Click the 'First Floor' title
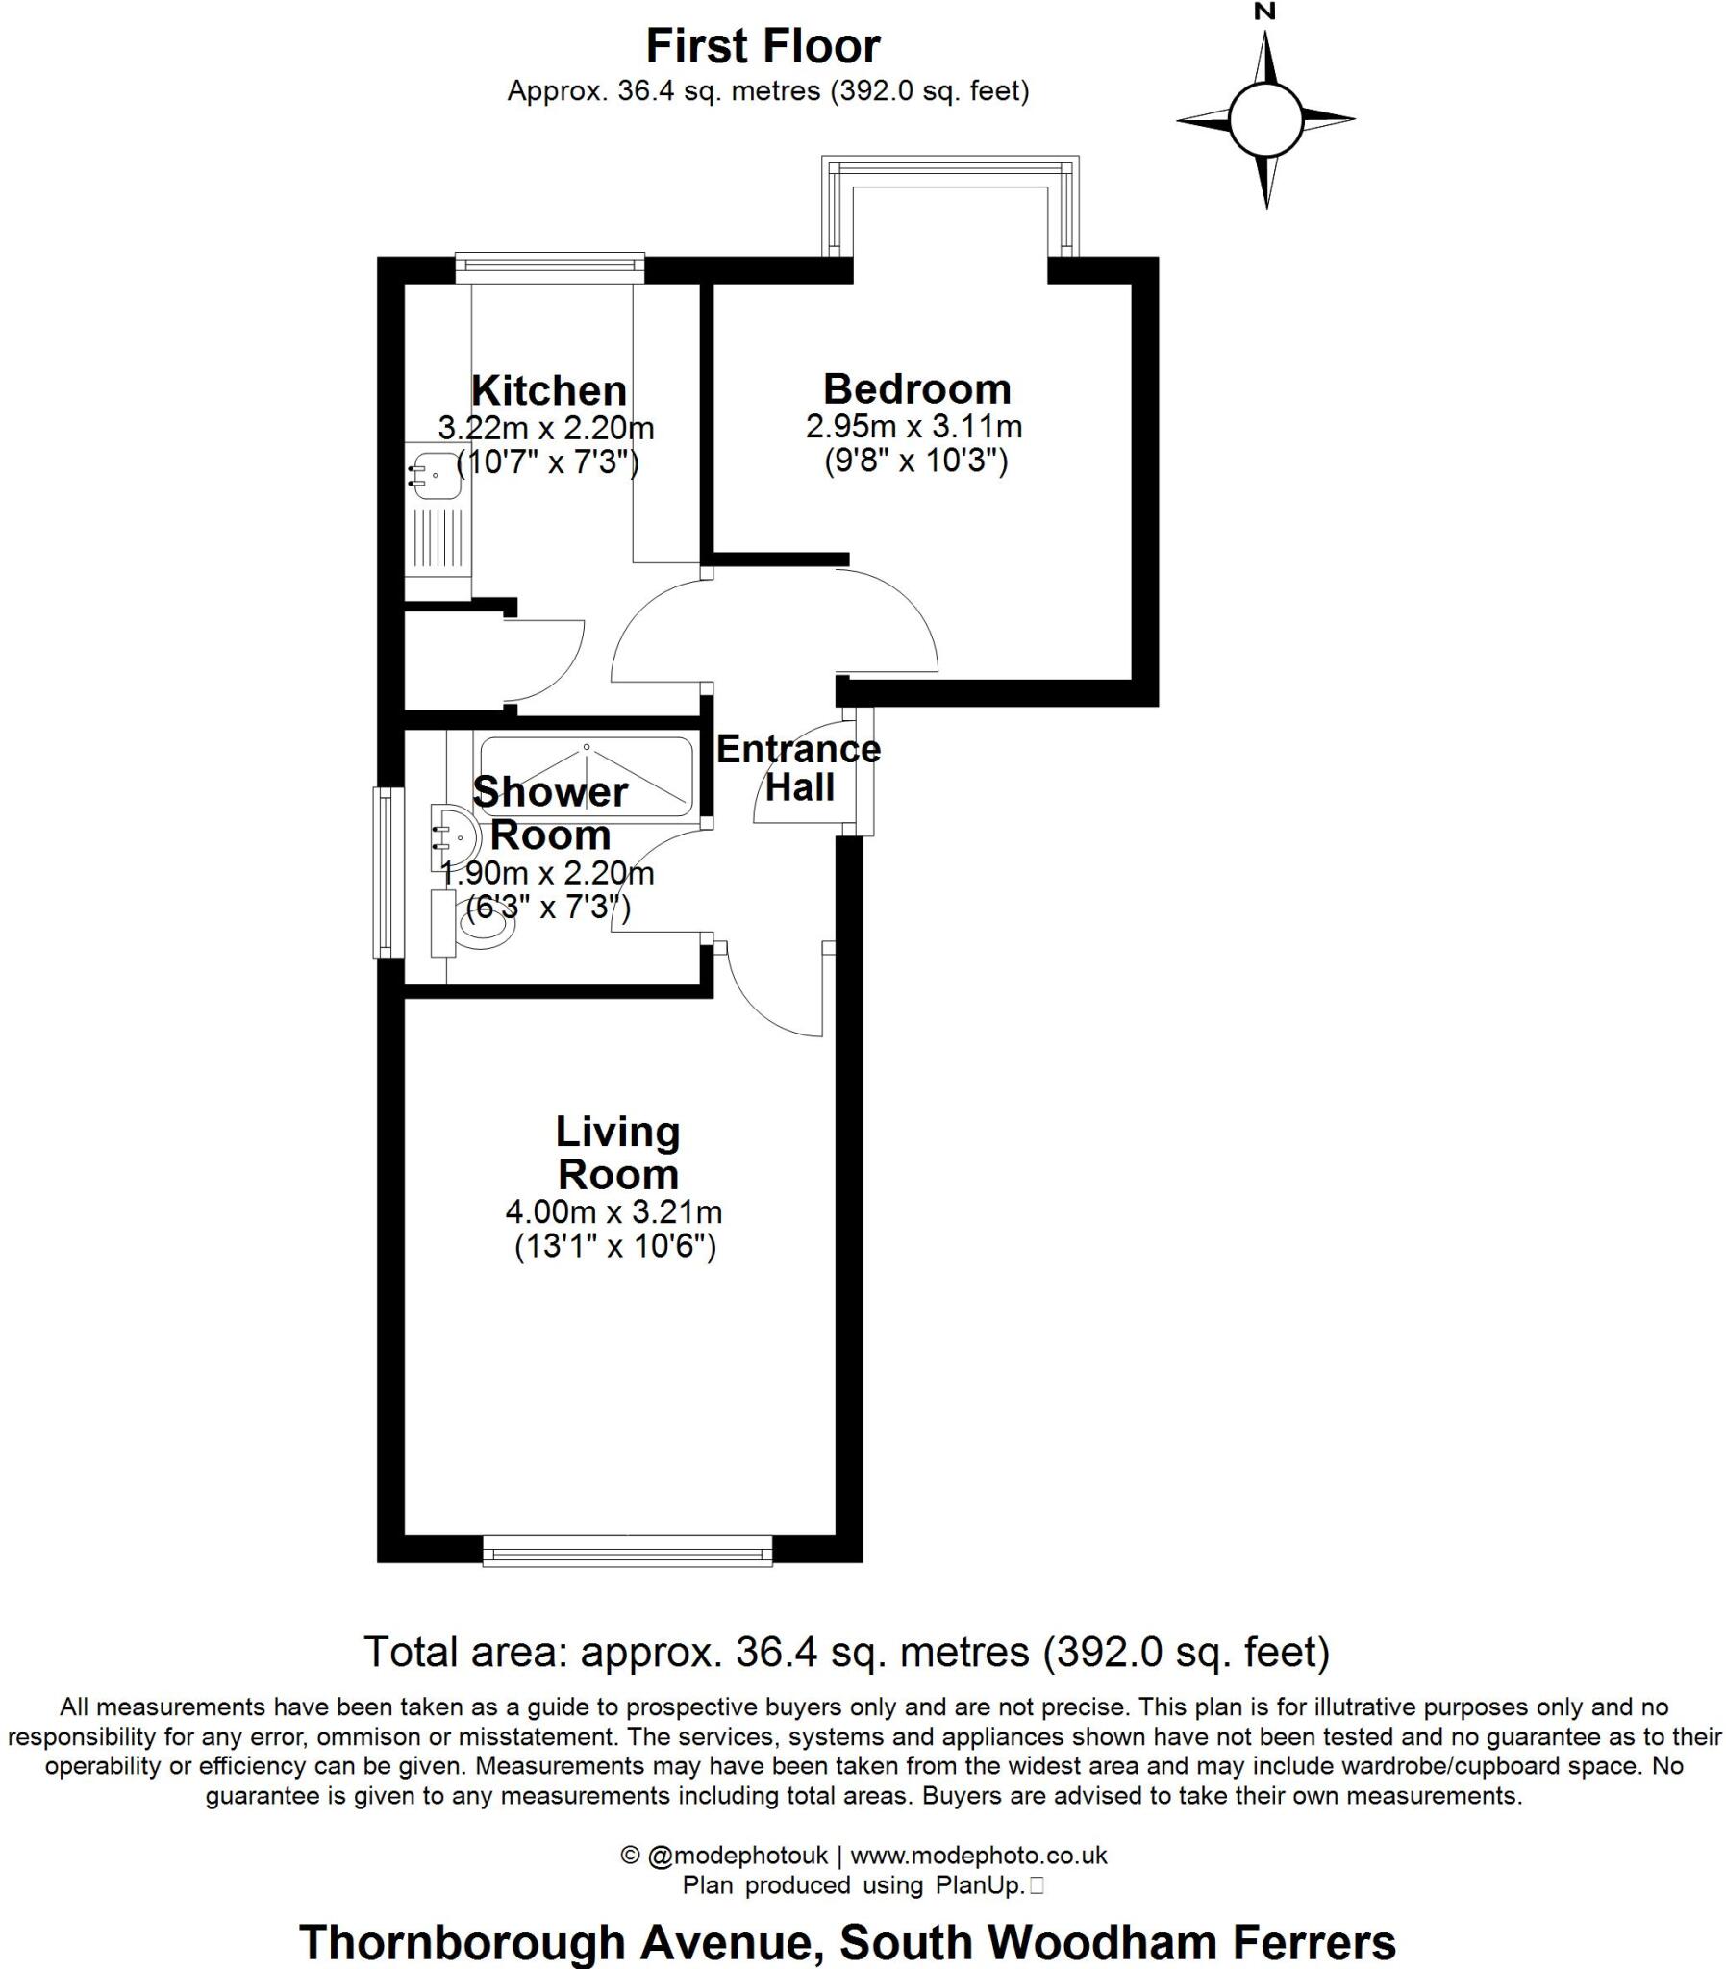[763, 46]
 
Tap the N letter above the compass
[1264, 12]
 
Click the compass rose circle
[1265, 119]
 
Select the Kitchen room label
[549, 391]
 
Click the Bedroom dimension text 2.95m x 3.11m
[913, 426]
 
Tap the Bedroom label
[917, 389]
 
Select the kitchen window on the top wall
[549, 268]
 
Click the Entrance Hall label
[798, 767]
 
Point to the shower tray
[586, 776]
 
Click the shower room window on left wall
[388, 872]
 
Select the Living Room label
[617, 1153]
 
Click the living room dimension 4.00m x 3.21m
[613, 1211]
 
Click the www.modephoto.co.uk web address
[979, 1855]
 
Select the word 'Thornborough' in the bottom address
[463, 1942]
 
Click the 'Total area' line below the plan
[846, 1653]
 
